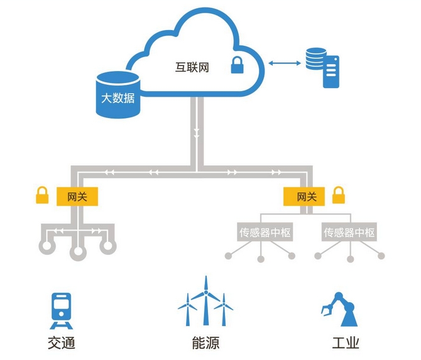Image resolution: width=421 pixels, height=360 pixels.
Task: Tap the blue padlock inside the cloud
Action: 237,65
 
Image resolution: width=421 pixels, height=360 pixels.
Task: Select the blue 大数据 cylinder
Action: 118,95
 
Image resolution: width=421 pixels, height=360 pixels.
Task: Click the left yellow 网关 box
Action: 78,197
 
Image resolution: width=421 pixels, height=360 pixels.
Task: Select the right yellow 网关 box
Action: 306,197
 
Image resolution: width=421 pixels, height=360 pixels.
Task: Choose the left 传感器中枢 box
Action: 265,232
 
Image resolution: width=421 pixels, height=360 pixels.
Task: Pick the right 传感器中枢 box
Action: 349,232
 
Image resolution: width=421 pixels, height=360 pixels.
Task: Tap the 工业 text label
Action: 345,344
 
